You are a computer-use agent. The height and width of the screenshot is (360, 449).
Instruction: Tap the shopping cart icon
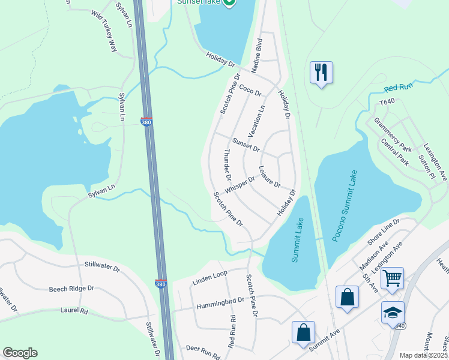392,278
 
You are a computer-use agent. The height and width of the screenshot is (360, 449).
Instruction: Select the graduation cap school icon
392,313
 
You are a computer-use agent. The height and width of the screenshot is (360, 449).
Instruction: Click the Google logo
20,353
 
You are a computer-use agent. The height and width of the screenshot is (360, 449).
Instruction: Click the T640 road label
387,103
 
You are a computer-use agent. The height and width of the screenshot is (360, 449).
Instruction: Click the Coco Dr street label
250,90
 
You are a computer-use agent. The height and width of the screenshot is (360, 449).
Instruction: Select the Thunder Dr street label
228,165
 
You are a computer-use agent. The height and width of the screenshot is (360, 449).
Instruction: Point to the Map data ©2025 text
423,355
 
